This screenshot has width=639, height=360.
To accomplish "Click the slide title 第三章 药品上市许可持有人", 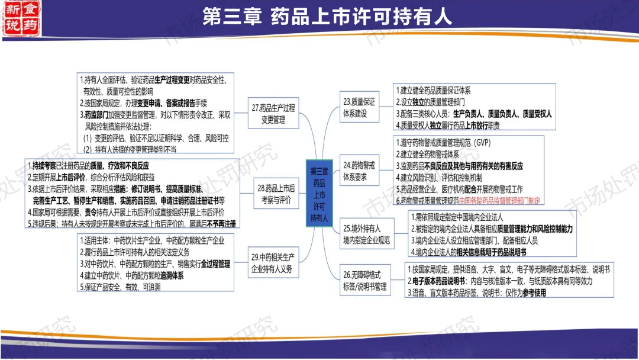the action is (327, 16).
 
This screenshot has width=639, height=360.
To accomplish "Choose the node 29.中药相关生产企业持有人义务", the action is (273, 263).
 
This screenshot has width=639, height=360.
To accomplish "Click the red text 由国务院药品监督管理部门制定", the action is (499, 200).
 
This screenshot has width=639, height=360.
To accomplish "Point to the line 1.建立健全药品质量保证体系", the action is (433, 91).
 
